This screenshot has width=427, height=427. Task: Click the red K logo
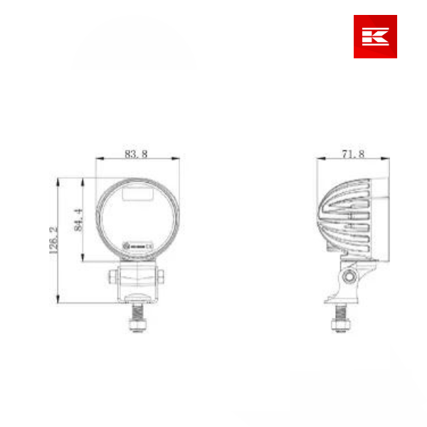[x=375, y=36]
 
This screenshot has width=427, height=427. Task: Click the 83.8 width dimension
[x=135, y=154]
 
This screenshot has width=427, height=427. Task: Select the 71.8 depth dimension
[x=354, y=154]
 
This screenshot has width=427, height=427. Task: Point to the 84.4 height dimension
[x=78, y=219]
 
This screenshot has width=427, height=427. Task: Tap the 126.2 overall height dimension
[x=52, y=239]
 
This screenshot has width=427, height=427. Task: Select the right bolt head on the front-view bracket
[x=162, y=276]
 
